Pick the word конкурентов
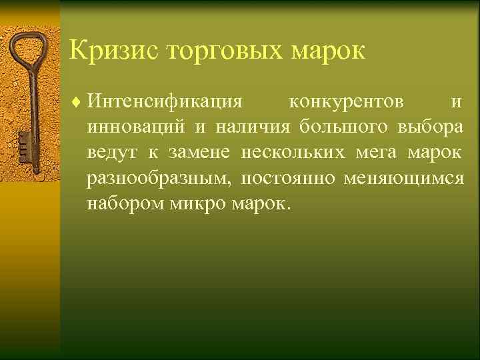(x=345, y=103)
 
